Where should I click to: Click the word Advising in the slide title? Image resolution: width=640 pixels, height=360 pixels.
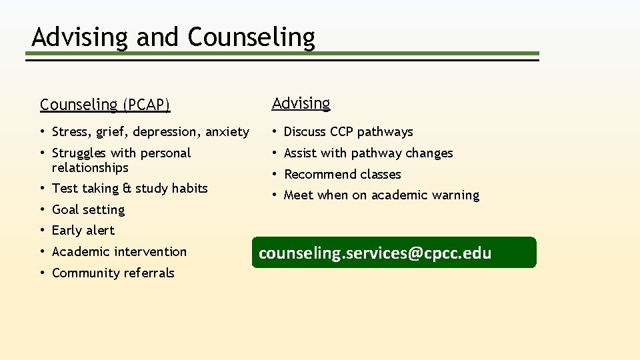coord(80,37)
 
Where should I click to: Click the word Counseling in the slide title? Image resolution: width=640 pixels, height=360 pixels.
coord(251,37)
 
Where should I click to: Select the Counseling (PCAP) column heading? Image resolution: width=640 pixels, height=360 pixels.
coord(105,105)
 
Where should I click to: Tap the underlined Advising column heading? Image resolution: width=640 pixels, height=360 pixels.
coord(301,103)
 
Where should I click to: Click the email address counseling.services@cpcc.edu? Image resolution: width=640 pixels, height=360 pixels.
coord(375,253)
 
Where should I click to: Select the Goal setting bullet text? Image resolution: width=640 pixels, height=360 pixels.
coord(88,210)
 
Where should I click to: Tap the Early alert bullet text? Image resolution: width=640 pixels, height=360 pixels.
coord(83,231)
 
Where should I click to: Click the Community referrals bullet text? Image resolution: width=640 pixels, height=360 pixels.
coord(113,273)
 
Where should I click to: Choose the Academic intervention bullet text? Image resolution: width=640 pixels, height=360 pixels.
coord(119,252)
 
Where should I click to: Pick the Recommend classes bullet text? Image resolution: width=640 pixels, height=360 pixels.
coord(342,175)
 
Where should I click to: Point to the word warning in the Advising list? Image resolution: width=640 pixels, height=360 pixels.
coord(455,195)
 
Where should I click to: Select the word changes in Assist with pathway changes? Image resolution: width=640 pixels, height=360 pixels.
coord(429,153)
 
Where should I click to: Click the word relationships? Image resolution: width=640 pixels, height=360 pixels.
coord(90,168)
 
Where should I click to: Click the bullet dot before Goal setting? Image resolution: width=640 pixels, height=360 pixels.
coord(43,210)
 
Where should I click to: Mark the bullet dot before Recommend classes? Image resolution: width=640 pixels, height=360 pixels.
coord(275,175)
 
